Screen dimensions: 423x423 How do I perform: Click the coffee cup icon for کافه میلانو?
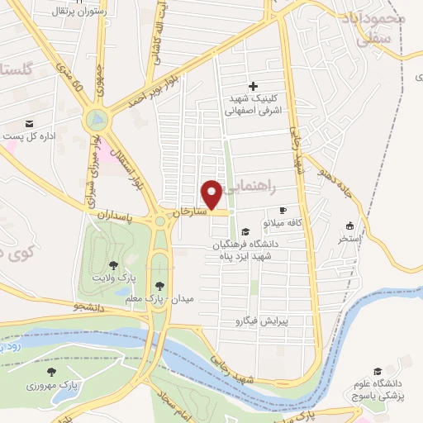(283, 210)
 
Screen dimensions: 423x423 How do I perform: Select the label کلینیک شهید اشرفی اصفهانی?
(257, 102)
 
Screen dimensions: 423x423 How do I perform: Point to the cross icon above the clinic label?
(253, 86)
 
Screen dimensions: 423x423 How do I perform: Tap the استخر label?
(350, 238)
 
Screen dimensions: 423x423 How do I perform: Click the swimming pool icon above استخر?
(349, 226)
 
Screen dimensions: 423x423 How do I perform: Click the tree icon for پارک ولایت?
(112, 265)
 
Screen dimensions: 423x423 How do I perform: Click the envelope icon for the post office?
(30, 124)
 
